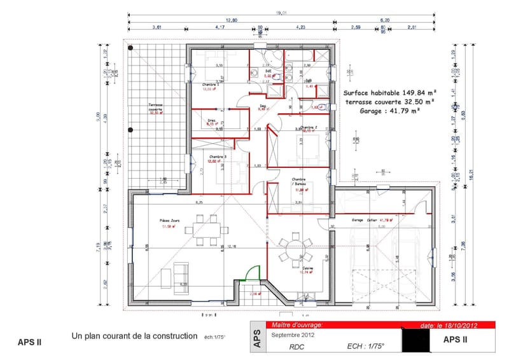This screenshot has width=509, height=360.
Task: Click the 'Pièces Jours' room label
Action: [x=170, y=221]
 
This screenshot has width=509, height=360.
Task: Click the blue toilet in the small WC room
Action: [x=322, y=106]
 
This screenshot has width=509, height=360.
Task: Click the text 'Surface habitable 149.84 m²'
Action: [x=389, y=92]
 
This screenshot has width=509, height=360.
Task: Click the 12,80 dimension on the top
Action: [x=231, y=20]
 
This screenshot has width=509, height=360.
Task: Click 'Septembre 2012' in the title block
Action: [x=293, y=335]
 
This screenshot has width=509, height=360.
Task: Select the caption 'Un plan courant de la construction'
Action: [x=136, y=336]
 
